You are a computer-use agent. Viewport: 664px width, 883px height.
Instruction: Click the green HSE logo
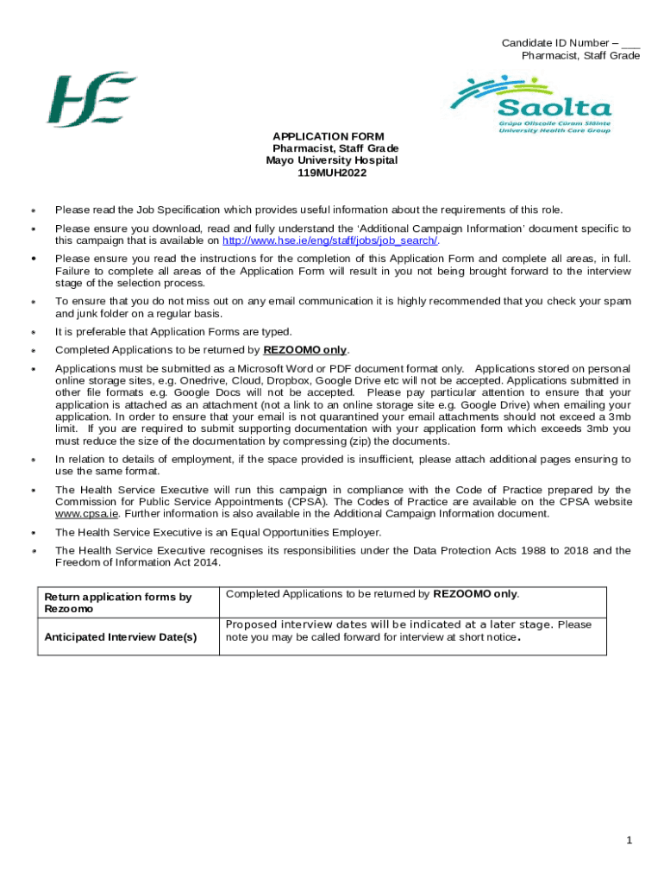[91, 100]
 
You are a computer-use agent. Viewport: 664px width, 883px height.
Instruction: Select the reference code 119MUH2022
[332, 172]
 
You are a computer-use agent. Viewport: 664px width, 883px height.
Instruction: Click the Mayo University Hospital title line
[332, 160]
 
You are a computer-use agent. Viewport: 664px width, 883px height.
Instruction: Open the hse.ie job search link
[330, 241]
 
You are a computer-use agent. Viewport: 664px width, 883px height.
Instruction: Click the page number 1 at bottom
[630, 840]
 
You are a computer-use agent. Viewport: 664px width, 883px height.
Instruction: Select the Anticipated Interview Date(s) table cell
[121, 636]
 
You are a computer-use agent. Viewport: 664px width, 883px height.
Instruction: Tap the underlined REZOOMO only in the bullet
[304, 350]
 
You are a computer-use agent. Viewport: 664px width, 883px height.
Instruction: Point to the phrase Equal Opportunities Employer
[303, 532]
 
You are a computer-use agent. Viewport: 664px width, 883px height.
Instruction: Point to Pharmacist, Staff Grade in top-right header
[580, 55]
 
